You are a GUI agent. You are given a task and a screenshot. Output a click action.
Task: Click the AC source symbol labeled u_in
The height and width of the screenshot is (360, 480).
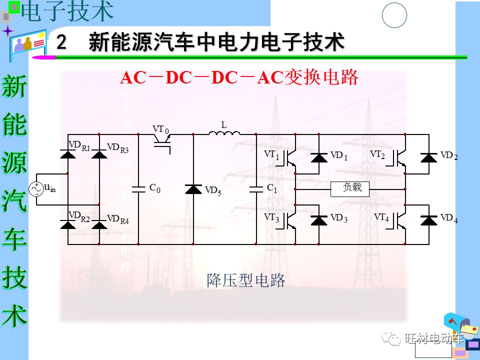point(37,189)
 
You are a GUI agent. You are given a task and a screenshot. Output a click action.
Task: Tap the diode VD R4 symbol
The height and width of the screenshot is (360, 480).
point(99,224)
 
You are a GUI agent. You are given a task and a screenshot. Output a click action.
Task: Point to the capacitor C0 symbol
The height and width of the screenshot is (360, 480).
point(138,189)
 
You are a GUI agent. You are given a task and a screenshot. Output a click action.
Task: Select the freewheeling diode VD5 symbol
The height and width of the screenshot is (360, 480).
point(193,189)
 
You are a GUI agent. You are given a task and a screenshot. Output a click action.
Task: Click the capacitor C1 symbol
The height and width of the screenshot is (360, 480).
point(256,189)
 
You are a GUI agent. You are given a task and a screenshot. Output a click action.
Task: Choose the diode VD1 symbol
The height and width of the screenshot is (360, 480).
point(319,158)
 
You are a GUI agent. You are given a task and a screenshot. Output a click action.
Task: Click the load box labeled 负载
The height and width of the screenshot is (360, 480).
point(350,189)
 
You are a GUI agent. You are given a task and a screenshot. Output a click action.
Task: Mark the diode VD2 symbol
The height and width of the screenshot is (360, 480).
point(428,158)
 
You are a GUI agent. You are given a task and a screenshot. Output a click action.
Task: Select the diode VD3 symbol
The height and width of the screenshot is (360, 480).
point(319,220)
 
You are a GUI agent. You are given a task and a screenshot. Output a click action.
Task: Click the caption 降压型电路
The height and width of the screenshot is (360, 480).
point(246,280)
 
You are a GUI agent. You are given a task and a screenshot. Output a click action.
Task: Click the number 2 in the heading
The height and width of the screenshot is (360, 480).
point(61,42)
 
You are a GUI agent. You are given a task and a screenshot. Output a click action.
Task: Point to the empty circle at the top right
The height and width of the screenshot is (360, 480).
point(394,15)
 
